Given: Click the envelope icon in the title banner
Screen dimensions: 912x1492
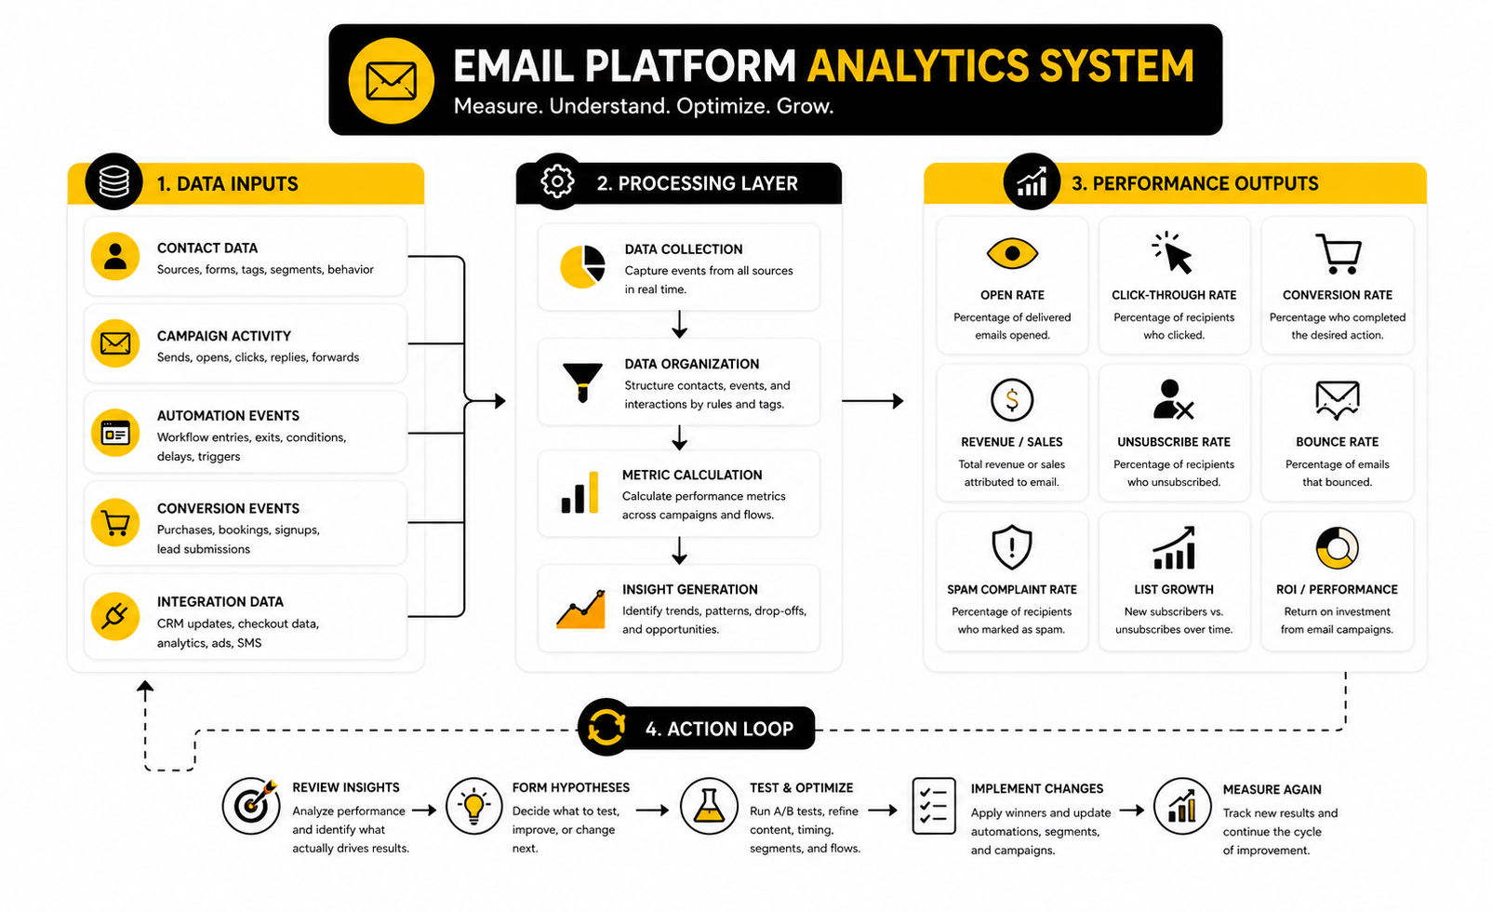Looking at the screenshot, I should click(391, 81).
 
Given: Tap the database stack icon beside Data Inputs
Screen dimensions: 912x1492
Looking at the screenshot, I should click(113, 181).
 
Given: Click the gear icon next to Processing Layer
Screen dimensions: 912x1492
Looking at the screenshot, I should click(557, 181).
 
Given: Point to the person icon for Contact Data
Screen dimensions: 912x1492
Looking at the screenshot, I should click(115, 256).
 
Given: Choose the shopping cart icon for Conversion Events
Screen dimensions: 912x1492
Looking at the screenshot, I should click(115, 523).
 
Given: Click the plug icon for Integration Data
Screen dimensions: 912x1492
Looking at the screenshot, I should click(115, 615).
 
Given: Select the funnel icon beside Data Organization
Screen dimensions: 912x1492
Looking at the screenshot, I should click(582, 382).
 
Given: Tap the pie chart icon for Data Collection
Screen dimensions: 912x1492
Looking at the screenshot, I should click(582, 267).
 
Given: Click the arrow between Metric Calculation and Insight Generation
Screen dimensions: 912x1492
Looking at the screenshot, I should click(680, 551).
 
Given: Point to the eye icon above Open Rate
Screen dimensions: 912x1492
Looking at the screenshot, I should click(1012, 253).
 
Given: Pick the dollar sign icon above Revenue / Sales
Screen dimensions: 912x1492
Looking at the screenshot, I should click(1012, 400).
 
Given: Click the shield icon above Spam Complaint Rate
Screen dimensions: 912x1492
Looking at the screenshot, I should click(1012, 546).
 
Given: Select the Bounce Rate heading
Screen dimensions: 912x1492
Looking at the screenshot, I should click(1337, 442).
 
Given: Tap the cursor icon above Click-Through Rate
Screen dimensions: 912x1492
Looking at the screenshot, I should click(1173, 253).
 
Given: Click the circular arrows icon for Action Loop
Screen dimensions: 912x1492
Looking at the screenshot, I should click(606, 728).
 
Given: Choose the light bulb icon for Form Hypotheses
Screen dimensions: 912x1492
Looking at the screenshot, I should click(474, 806).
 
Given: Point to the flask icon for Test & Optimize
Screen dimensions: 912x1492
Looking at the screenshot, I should click(709, 806).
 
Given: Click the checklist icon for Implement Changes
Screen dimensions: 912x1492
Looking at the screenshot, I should click(934, 806).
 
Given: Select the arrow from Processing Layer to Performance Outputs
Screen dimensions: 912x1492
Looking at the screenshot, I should click(873, 401).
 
